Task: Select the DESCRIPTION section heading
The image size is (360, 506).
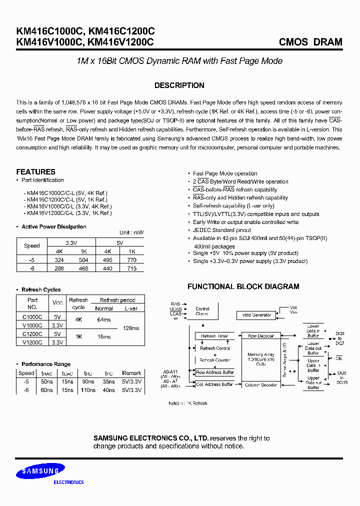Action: click(179, 85)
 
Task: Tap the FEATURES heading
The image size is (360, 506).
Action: click(35, 171)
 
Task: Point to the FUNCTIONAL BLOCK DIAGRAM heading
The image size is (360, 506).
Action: click(243, 286)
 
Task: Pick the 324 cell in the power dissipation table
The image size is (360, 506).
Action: click(58, 260)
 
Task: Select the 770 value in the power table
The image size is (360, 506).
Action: click(131, 260)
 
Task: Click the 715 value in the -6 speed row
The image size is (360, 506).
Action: click(131, 268)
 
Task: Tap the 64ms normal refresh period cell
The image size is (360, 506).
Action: click(104, 319)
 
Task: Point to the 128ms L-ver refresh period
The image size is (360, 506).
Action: click(131, 328)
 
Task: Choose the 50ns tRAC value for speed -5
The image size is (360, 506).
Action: click(47, 381)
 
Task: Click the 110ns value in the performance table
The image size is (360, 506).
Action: click(88, 390)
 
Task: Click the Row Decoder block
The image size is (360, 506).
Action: click(260, 336)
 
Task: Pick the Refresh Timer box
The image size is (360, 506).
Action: click(214, 336)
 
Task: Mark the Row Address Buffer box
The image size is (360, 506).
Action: click(214, 372)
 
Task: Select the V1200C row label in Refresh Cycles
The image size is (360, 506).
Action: click(32, 342)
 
